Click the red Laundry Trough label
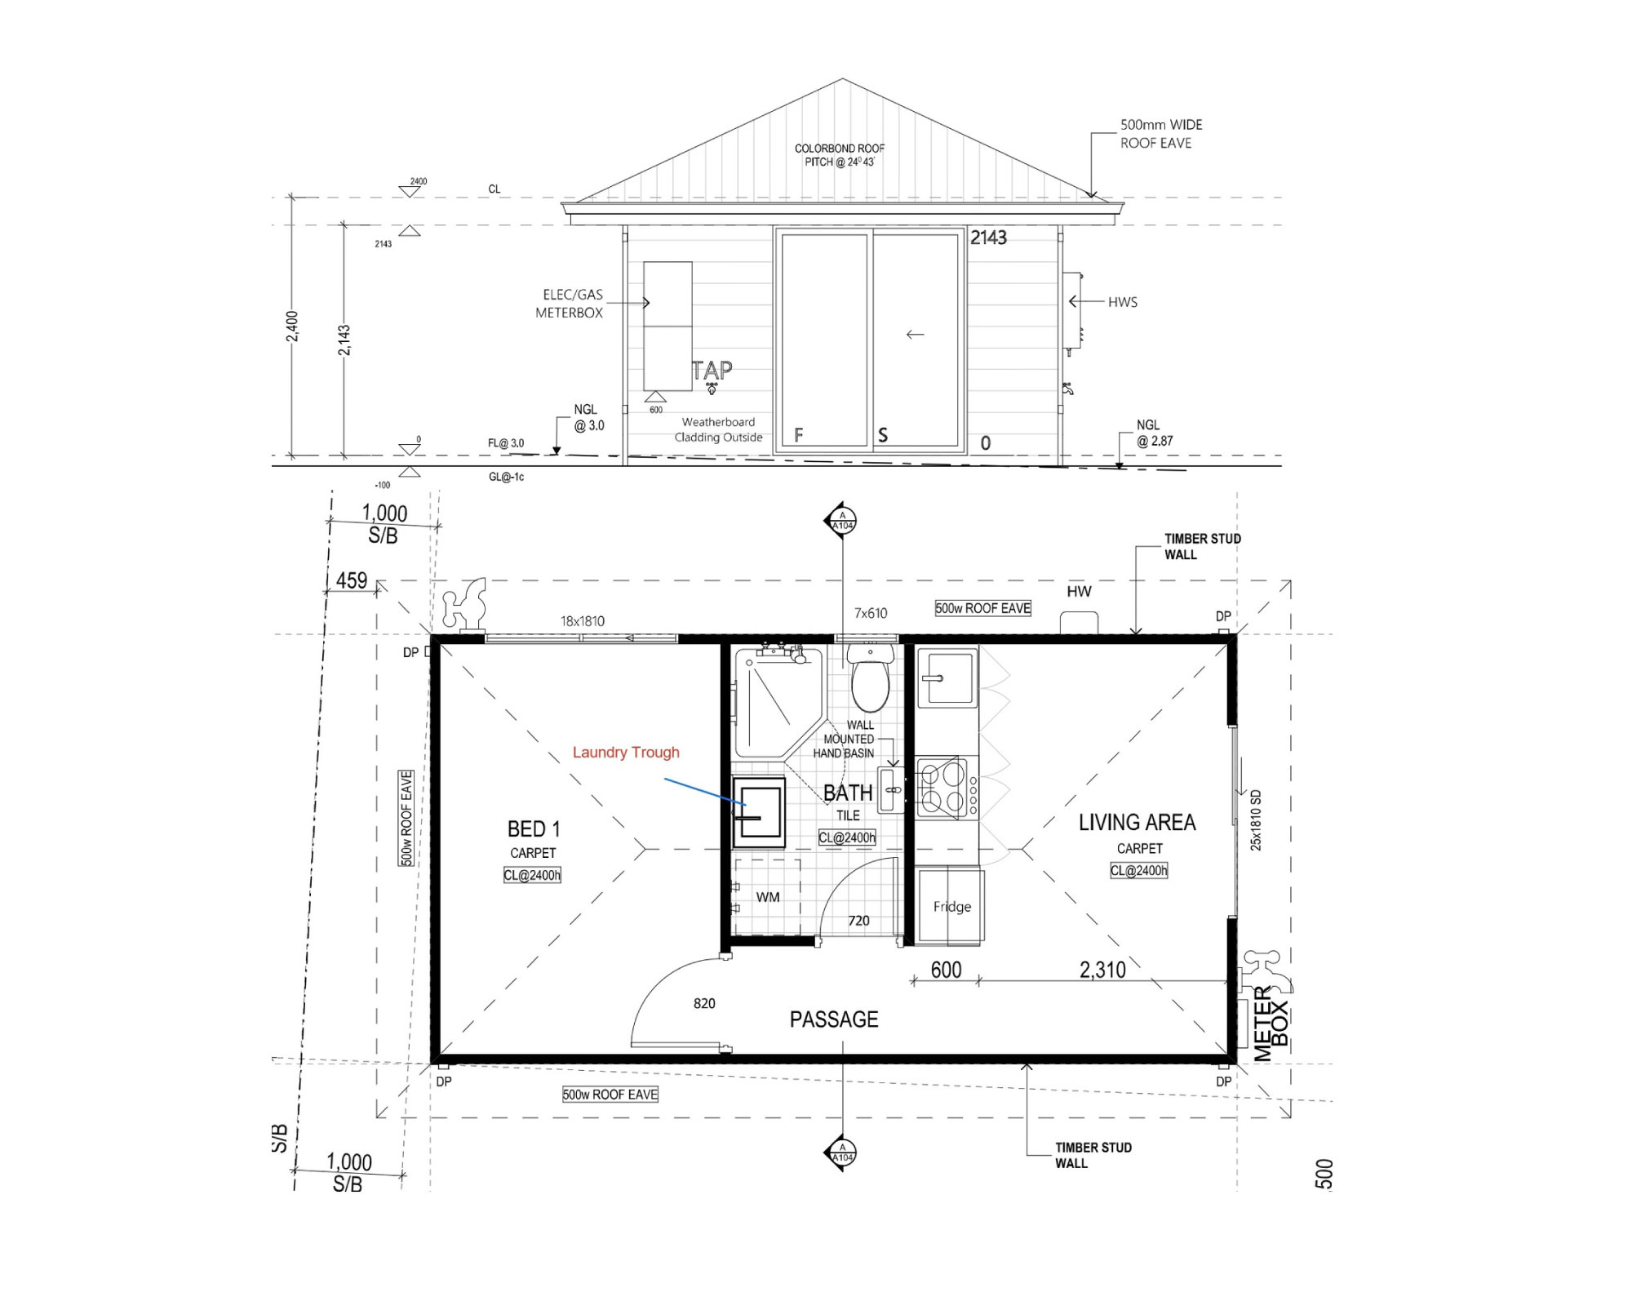point(626,753)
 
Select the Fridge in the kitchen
point(951,906)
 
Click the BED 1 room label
point(534,829)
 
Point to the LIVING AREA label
point(1138,823)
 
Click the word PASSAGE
point(834,1019)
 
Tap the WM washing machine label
point(768,897)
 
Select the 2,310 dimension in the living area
point(1102,970)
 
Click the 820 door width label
point(704,1003)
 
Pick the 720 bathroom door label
point(858,921)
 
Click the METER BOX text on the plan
point(1271,1024)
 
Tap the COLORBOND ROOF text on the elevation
point(840,149)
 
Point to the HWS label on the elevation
point(1123,302)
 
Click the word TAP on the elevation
point(712,371)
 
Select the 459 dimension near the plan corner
point(352,580)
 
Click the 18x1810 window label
point(583,621)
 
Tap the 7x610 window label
point(871,613)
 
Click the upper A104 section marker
point(842,521)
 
